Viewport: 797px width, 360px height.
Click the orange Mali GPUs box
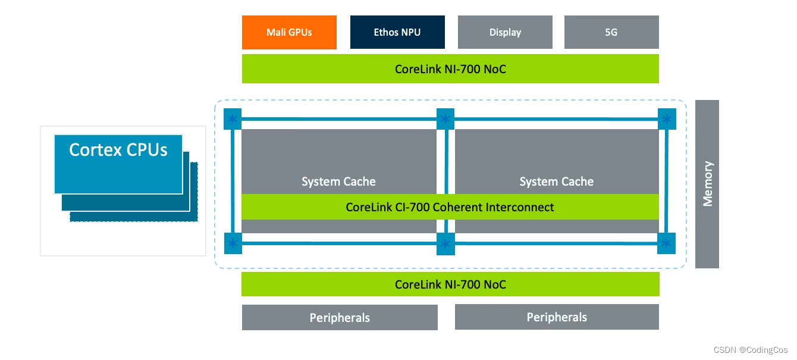tap(289, 32)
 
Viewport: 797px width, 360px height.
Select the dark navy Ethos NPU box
tap(397, 32)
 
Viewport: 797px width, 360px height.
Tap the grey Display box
tap(505, 32)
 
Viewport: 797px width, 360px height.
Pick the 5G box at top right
tap(611, 32)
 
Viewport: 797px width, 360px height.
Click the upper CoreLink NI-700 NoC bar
tap(450, 69)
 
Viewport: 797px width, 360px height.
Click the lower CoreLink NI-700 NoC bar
tap(450, 284)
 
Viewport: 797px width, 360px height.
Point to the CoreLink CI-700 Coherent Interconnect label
tap(450, 207)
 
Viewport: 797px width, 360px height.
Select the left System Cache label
tap(338, 181)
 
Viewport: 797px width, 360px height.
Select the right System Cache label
tap(556, 181)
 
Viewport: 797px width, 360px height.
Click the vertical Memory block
tap(707, 184)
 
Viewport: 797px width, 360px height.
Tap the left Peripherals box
tap(340, 318)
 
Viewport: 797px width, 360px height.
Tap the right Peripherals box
tap(557, 317)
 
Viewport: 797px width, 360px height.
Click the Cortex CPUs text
tap(118, 149)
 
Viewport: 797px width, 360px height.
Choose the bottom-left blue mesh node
tap(233, 243)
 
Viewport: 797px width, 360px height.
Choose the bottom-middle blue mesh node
tap(445, 244)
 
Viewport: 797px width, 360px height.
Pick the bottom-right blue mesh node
tap(667, 243)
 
